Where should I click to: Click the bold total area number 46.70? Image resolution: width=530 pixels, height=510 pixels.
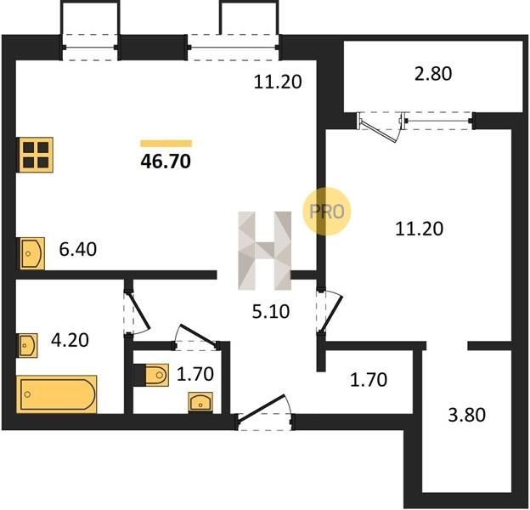coord(166,161)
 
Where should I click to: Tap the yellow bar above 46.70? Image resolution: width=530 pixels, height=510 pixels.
coord(166,144)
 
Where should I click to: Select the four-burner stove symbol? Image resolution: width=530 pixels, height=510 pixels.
coord(36,155)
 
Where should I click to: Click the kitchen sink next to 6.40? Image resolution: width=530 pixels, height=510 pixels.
coord(32,253)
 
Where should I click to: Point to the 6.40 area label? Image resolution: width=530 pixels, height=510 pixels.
coord(78,250)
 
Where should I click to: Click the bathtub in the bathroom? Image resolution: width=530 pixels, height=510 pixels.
coord(56,394)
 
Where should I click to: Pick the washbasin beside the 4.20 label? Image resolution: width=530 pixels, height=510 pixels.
coord(28,345)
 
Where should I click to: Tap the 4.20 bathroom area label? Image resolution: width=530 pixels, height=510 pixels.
coord(70,340)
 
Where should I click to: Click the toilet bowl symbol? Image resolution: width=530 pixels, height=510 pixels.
coord(156,375)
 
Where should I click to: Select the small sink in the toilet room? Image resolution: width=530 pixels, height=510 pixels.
coord(200,402)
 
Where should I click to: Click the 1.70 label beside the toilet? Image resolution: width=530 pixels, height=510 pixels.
coord(195,374)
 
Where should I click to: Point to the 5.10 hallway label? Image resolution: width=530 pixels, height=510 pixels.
coord(271,311)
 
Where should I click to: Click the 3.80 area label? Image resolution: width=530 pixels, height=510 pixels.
coord(467,415)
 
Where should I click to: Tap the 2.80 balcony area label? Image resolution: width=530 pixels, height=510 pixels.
coord(433,74)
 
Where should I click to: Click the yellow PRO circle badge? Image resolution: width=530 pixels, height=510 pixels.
coord(326,212)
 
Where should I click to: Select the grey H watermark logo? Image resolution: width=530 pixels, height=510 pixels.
coord(265,251)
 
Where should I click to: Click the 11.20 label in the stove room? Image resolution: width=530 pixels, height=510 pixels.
coord(278,82)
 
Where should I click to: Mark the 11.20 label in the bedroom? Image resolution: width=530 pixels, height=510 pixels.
coord(419,229)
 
